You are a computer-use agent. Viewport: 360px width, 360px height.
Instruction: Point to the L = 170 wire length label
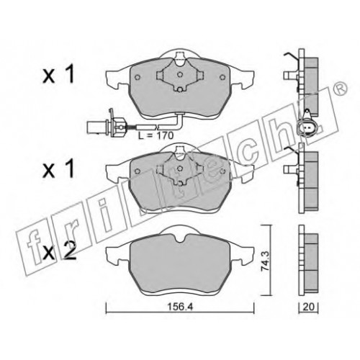pyautogui.click(x=156, y=135)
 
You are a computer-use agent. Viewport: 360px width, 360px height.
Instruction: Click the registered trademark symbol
pyautogui.click(x=341, y=88)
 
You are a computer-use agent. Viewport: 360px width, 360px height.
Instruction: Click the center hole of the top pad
pyautogui.click(x=179, y=75)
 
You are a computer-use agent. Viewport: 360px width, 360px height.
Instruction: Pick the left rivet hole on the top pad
pyautogui.click(x=138, y=77)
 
